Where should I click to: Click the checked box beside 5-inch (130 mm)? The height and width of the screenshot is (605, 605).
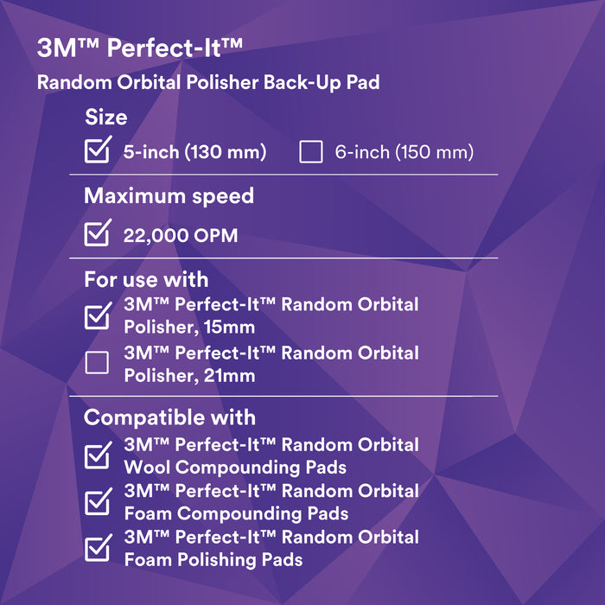(x=97, y=152)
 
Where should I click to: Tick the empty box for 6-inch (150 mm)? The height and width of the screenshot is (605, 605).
(x=310, y=153)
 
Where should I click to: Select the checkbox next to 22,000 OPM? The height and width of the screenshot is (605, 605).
(x=97, y=234)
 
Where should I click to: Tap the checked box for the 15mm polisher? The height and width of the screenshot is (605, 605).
(x=97, y=316)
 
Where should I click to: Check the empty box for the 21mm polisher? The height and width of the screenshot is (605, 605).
(x=97, y=364)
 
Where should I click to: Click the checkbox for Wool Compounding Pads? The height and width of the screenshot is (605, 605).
(x=97, y=456)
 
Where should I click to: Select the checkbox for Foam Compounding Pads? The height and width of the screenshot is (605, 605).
(x=97, y=502)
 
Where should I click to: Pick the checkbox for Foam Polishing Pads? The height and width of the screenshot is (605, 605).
(x=97, y=548)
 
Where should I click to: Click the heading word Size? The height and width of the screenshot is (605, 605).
(x=105, y=117)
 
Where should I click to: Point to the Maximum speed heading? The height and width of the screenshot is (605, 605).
(x=169, y=196)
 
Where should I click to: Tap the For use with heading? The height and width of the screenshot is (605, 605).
(x=145, y=279)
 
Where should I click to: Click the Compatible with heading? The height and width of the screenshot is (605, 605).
(x=169, y=417)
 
